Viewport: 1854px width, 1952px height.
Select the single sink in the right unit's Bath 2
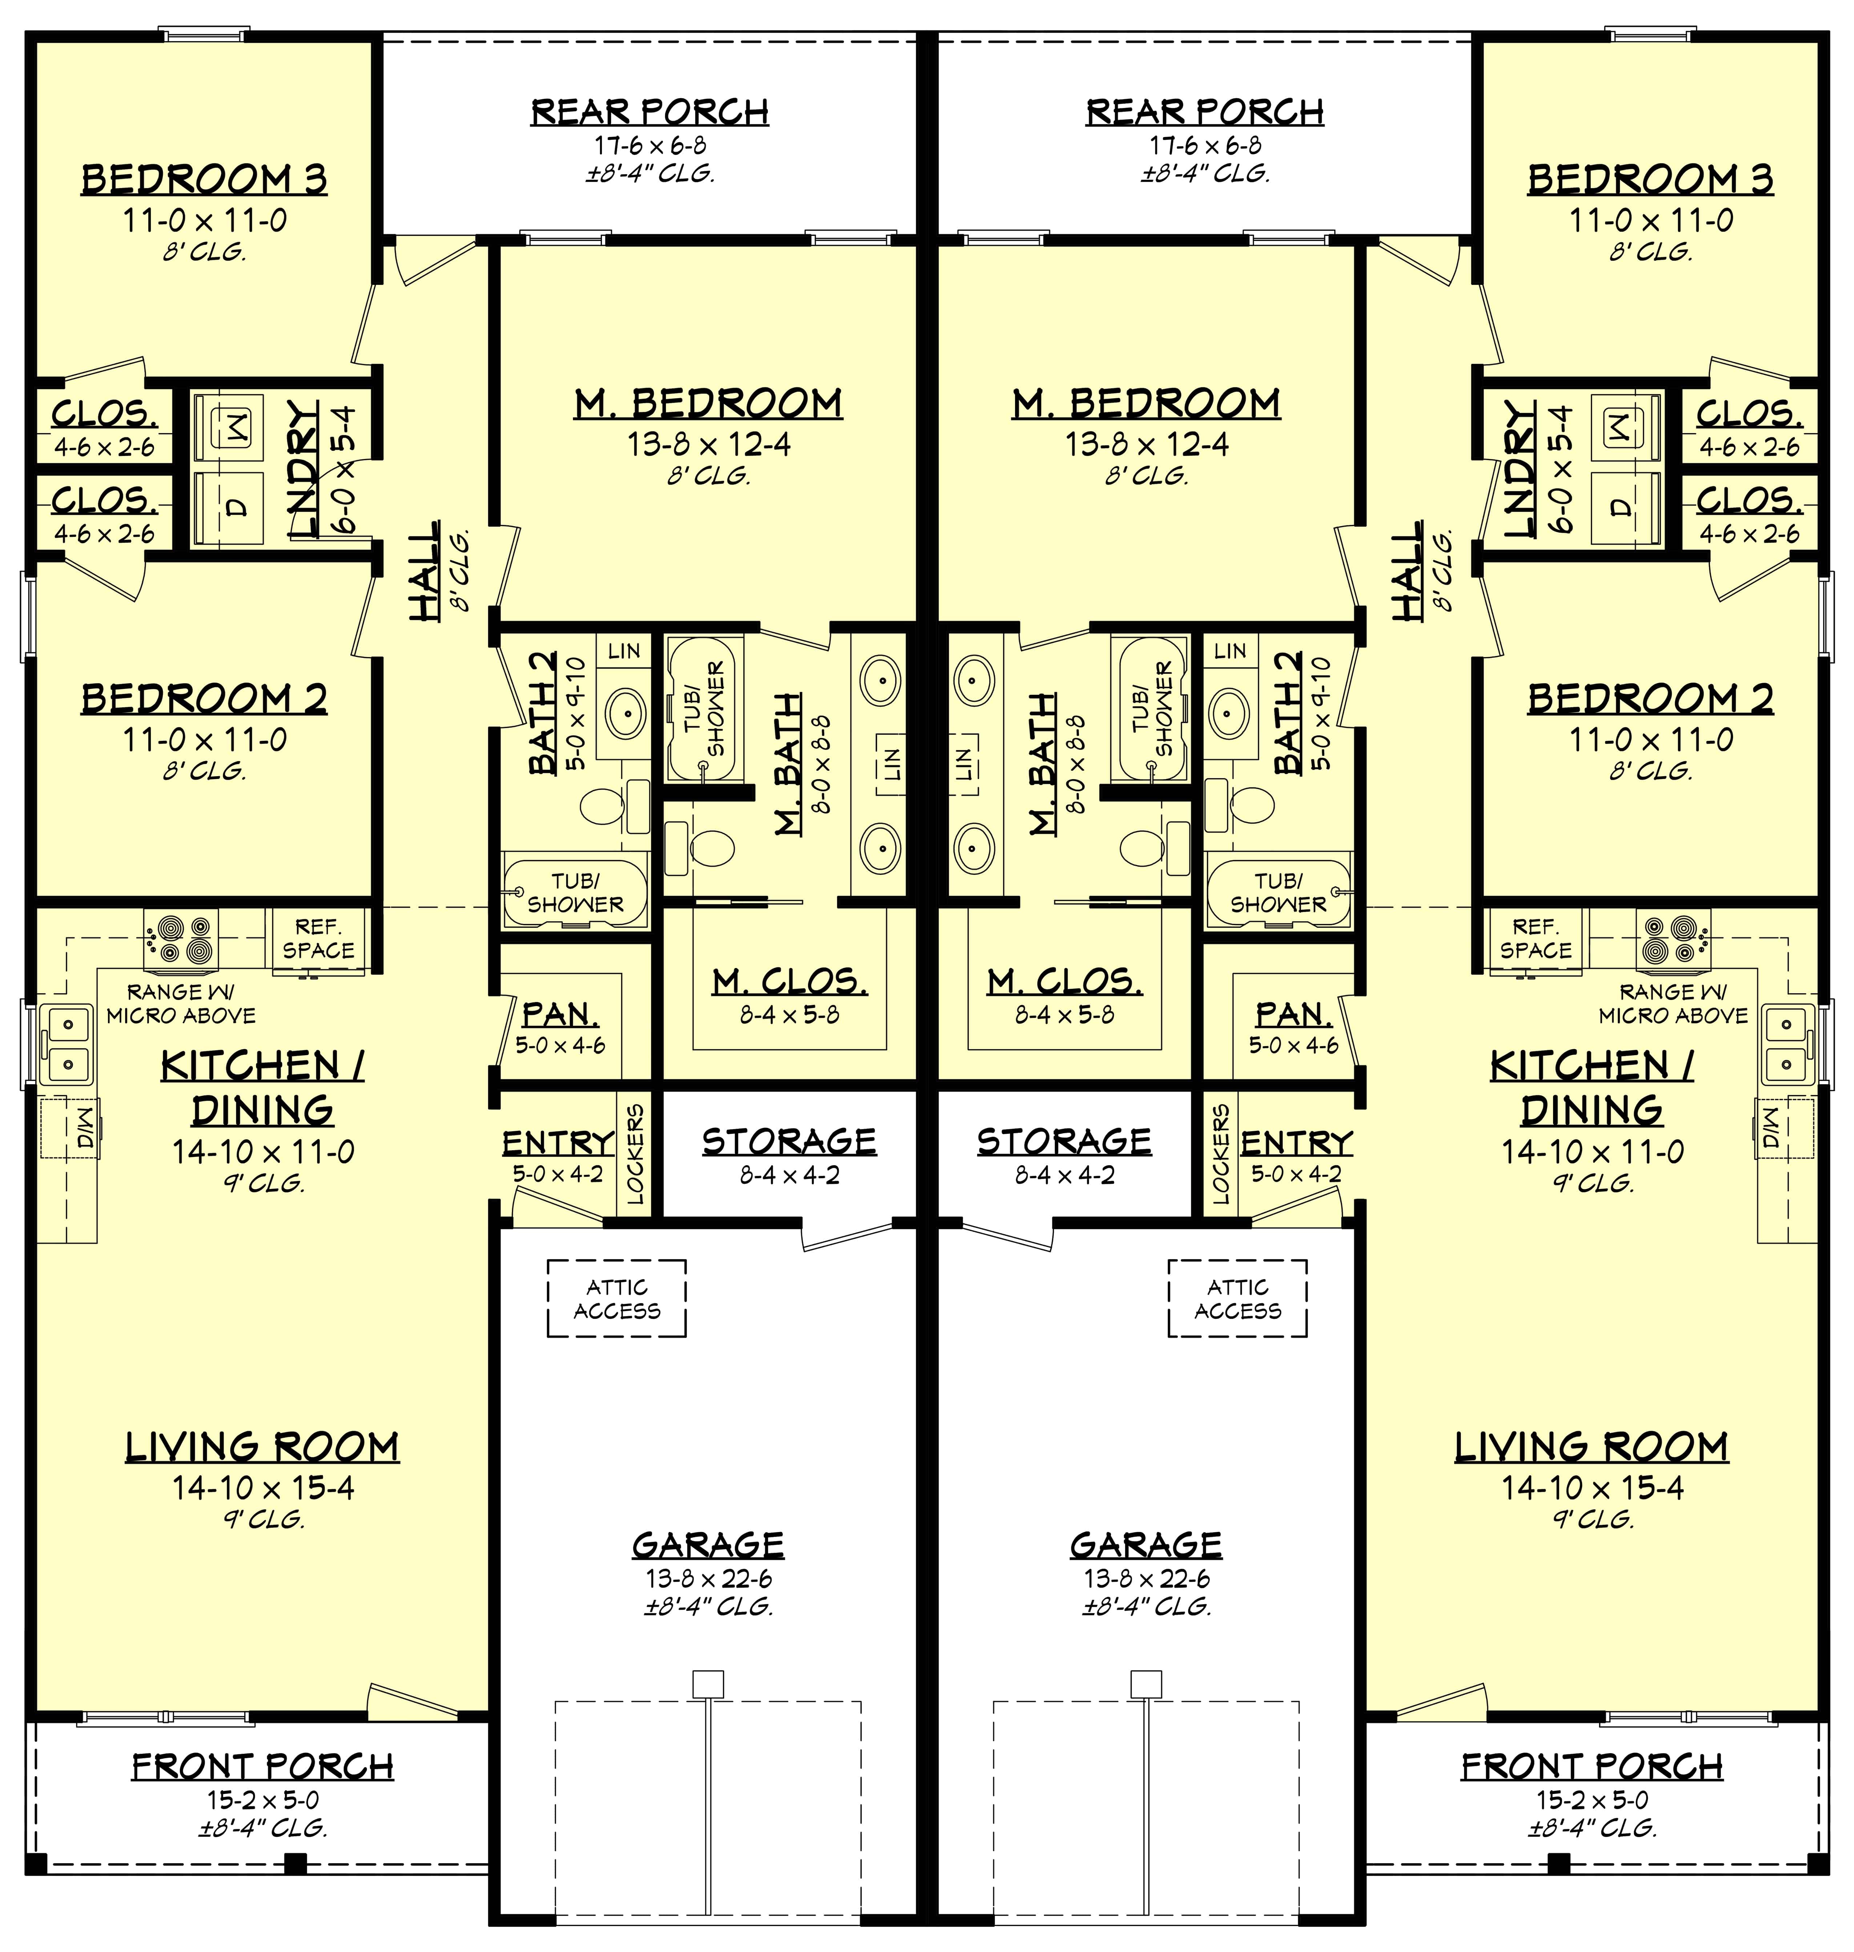[x=1229, y=708]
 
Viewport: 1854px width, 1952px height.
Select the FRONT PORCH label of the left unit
[x=263, y=1766]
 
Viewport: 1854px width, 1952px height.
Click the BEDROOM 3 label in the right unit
[x=1650, y=180]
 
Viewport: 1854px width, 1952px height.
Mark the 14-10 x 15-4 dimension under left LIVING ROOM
[x=263, y=1488]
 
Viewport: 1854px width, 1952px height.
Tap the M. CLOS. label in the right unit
[x=1064, y=982]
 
